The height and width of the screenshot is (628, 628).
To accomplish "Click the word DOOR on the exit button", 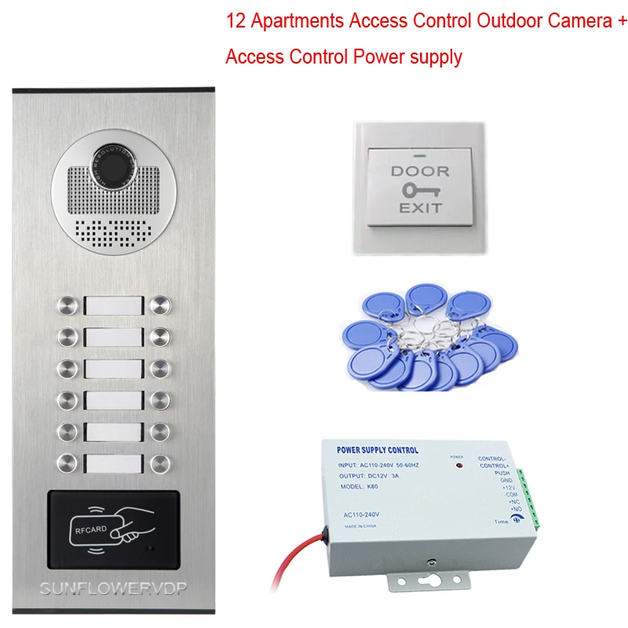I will (x=420, y=171).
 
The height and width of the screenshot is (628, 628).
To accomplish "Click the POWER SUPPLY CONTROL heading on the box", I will (x=377, y=451).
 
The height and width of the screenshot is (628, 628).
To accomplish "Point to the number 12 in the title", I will (x=235, y=22).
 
